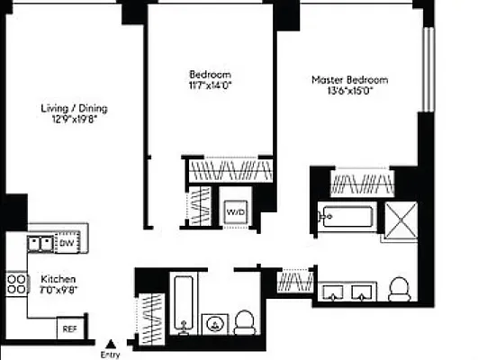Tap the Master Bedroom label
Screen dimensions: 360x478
pyautogui.click(x=342, y=79)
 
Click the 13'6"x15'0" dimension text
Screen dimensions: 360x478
pyautogui.click(x=342, y=90)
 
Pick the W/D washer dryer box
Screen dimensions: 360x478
pyautogui.click(x=235, y=211)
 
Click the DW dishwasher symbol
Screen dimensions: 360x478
pyautogui.click(x=66, y=242)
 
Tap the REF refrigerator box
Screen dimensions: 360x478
pyautogui.click(x=69, y=329)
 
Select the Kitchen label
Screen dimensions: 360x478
pyautogui.click(x=58, y=279)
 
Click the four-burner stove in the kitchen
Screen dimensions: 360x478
pyautogui.click(x=17, y=285)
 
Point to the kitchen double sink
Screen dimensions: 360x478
pyautogui.click(x=39, y=242)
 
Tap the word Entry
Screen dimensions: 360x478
pyautogui.click(x=111, y=354)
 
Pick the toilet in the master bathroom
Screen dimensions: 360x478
pyautogui.click(x=399, y=289)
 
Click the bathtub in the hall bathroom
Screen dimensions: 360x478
pyautogui.click(x=183, y=303)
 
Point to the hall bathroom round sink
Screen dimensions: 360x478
pyautogui.click(x=214, y=322)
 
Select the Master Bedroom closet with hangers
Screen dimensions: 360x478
pyautogui.click(x=360, y=184)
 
